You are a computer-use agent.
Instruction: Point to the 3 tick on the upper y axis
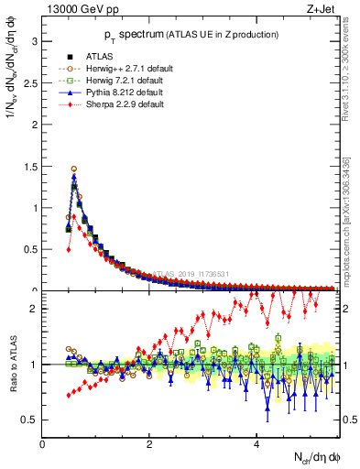click(x=34, y=41)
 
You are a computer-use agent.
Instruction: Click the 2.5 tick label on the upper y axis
click(x=29, y=83)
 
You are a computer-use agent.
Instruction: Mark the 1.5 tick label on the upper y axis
click(x=29, y=167)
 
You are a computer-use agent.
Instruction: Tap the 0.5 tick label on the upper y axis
click(x=29, y=249)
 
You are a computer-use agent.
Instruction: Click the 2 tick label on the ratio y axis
click(x=34, y=309)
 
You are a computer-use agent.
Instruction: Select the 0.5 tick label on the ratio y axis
click(x=29, y=420)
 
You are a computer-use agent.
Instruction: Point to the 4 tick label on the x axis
click(x=256, y=445)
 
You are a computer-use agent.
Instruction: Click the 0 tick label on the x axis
click(x=43, y=445)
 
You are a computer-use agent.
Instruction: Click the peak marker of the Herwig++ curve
click(x=74, y=169)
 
